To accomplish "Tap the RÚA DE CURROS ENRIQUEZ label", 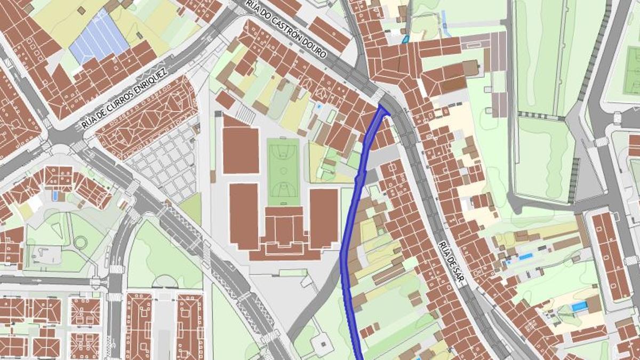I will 125,99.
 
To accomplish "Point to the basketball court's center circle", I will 283,172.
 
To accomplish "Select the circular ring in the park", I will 81,242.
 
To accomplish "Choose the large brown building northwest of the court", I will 241,150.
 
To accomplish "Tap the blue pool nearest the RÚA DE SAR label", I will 525,257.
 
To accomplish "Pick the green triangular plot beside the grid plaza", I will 191,209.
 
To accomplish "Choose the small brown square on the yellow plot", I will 81,10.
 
